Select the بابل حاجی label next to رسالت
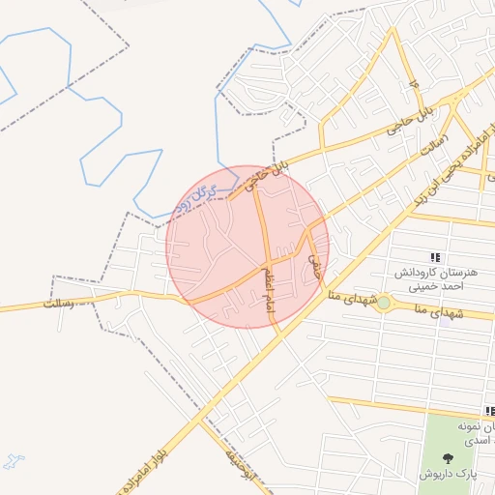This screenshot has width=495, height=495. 410,122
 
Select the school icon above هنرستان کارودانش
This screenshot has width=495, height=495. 436,258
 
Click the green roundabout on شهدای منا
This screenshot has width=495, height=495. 385,304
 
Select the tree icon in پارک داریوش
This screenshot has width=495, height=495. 449,458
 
